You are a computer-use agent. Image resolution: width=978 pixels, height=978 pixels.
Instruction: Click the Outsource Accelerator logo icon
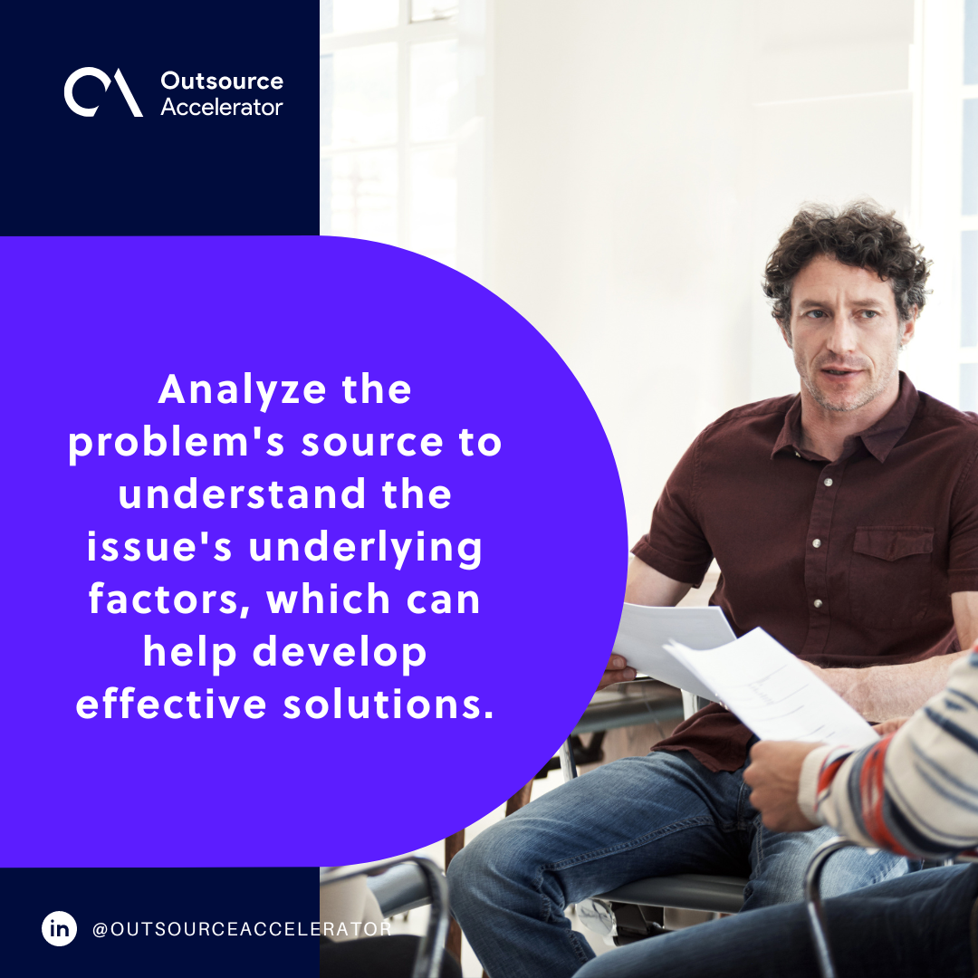pos(103,92)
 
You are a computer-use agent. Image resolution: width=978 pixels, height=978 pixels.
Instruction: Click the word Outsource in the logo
pos(222,81)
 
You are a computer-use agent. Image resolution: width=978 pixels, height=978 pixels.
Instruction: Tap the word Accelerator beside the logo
pos(222,107)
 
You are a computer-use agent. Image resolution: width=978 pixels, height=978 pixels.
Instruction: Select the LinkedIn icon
pos(60,929)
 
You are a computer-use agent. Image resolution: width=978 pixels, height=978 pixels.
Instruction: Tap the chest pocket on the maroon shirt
pos(892,561)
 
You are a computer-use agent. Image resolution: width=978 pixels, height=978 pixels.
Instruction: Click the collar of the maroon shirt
pos(896,412)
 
